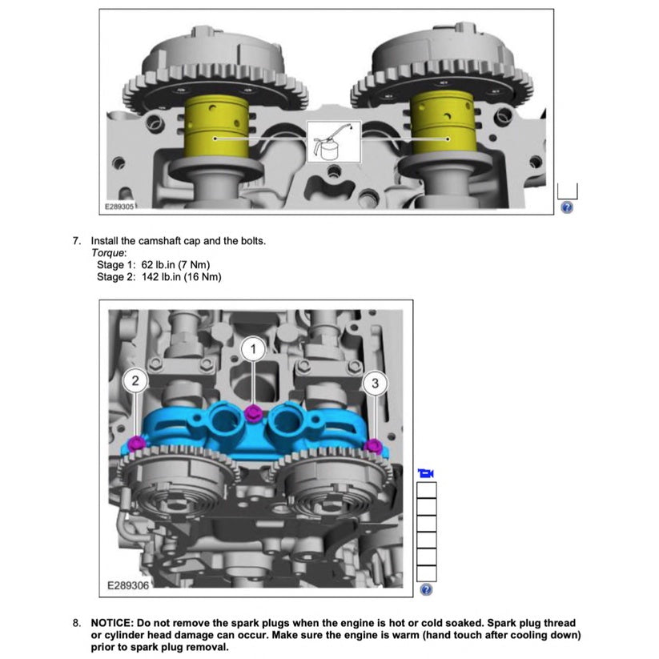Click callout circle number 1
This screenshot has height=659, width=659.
point(254,349)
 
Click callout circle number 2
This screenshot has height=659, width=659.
point(135,381)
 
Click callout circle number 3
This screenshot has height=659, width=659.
point(375,383)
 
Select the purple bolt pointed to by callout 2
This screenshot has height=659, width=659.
point(137,442)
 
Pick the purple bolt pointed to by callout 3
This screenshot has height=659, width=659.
point(372,444)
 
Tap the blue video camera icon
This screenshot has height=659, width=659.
point(426,473)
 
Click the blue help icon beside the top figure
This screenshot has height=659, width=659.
point(567,207)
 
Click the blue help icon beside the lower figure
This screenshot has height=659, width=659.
point(426,590)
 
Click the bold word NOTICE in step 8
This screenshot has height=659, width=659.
point(112,623)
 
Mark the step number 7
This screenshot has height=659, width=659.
point(77,240)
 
